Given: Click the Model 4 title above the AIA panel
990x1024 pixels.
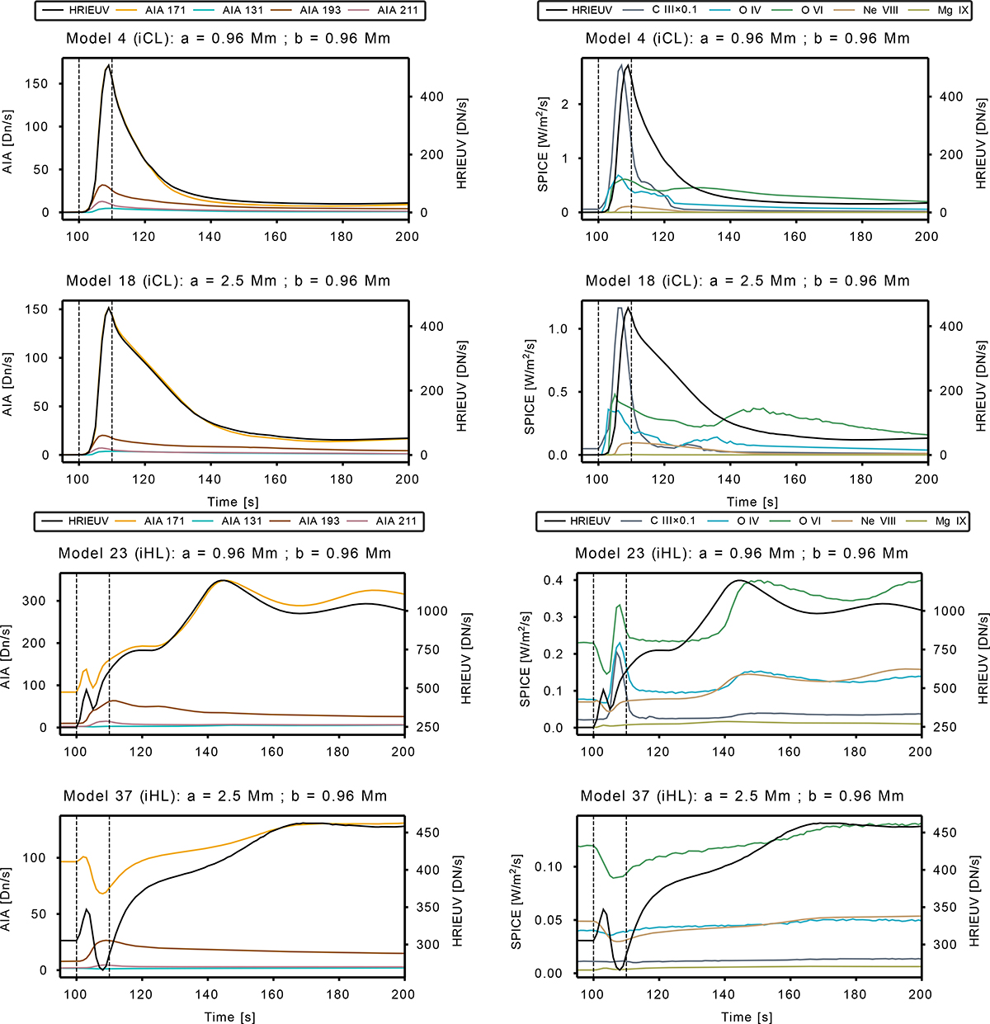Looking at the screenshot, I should [x=229, y=38].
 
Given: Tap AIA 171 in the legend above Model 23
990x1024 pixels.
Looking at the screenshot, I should [x=164, y=521].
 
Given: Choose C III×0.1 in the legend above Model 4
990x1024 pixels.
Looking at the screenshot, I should [x=674, y=10].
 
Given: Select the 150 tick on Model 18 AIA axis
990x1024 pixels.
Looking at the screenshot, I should [x=39, y=309].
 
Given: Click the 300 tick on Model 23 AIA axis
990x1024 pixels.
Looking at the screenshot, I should [x=35, y=601].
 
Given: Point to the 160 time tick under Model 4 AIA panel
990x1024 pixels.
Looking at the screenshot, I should [x=276, y=237].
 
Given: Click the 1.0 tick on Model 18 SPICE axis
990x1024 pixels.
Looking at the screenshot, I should [x=558, y=328].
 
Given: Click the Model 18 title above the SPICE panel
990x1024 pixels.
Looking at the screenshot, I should [x=747, y=281].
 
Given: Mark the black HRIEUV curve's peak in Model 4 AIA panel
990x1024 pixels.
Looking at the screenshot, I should [x=108, y=66].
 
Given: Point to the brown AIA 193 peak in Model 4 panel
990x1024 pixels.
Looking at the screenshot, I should [x=101, y=185].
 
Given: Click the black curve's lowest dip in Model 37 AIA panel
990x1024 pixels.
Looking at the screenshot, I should [x=101, y=969].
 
